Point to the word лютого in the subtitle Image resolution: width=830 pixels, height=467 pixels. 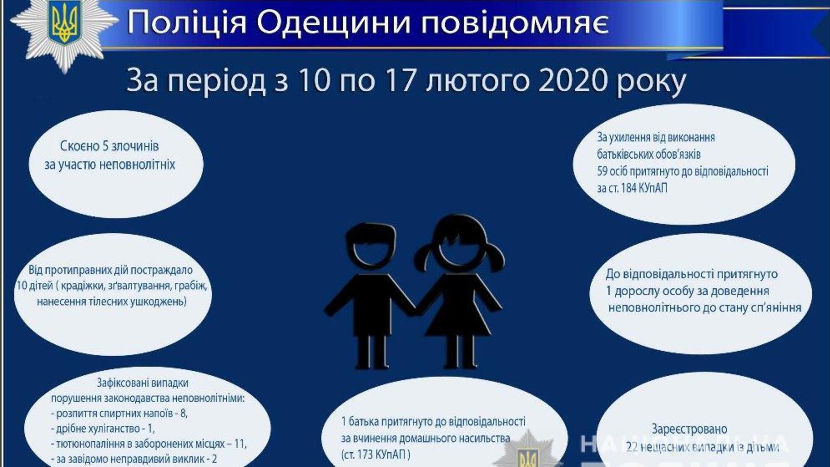click(477, 81)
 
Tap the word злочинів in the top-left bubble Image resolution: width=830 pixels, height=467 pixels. click(138, 146)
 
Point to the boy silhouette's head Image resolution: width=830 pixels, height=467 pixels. click(370, 244)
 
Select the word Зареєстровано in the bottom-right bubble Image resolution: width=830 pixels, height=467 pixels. click(689, 429)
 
